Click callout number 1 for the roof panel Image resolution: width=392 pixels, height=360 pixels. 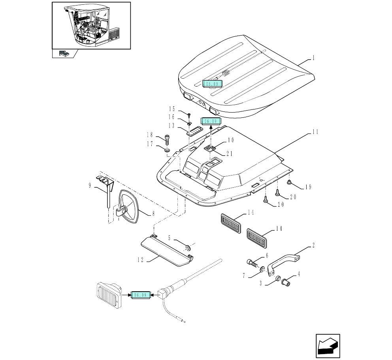point(313,58)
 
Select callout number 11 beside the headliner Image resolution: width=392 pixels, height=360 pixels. point(315,132)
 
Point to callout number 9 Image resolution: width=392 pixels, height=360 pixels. point(90,185)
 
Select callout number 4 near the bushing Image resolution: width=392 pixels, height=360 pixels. point(299,273)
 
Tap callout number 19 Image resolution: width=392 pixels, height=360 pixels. point(308,187)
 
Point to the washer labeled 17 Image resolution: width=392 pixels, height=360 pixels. point(167,151)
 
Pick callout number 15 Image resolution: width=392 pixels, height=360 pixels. point(172,109)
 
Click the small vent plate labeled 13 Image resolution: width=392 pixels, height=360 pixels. point(194,131)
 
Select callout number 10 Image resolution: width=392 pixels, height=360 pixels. point(231,139)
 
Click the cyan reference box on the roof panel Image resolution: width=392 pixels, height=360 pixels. point(212,83)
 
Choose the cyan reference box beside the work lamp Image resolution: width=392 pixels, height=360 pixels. point(141,295)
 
